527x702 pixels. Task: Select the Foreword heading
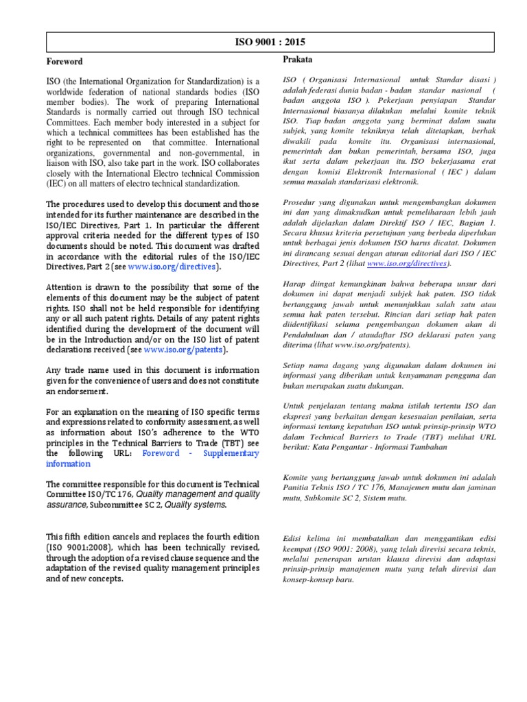64,62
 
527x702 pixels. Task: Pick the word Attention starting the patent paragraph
67,287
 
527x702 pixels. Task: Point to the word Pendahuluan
309,335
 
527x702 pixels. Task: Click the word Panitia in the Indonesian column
298,487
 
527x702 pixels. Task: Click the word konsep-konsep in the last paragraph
311,579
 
